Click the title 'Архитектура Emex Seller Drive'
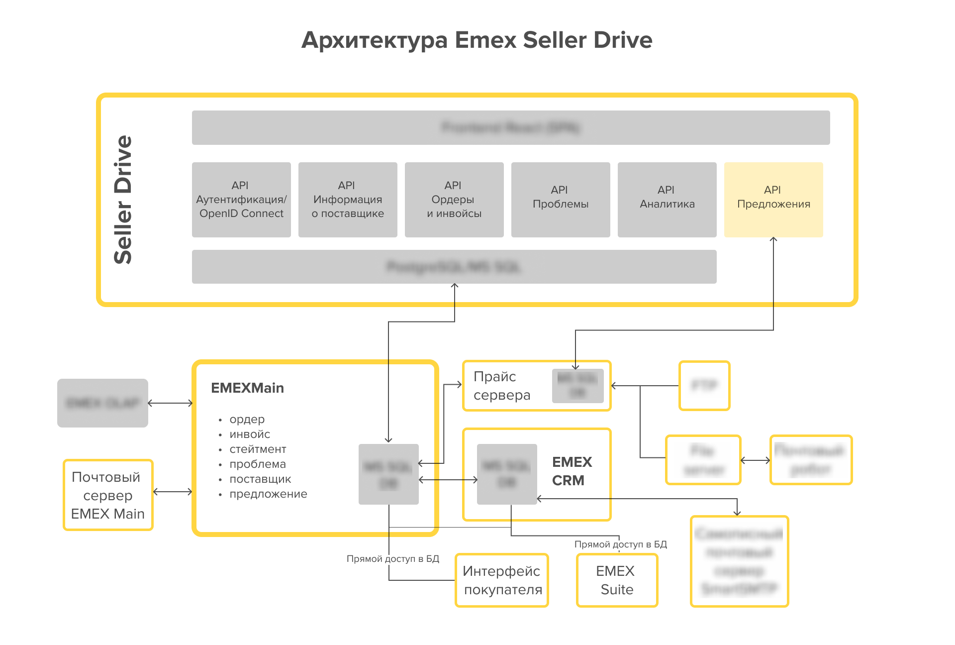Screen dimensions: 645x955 click(477, 40)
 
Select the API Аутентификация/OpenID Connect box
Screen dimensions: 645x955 click(241, 200)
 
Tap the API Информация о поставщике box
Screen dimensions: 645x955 click(348, 200)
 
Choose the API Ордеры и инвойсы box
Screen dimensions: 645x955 click(454, 200)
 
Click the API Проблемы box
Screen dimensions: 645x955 click(560, 200)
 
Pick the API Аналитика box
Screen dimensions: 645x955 click(667, 200)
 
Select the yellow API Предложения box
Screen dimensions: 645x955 click(773, 200)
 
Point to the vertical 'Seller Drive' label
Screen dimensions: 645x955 click(123, 200)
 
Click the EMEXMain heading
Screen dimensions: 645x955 click(247, 388)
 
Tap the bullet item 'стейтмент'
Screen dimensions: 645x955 click(258, 449)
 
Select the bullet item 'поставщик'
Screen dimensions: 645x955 click(260, 479)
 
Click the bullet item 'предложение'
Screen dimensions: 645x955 click(268, 494)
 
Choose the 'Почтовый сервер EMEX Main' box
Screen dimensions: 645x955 click(108, 495)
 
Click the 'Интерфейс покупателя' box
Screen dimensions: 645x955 click(502, 580)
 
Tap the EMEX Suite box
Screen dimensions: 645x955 click(617, 580)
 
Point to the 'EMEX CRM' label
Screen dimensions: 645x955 click(572, 471)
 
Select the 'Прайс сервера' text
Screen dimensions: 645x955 click(501, 386)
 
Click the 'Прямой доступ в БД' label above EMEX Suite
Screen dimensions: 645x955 click(620, 544)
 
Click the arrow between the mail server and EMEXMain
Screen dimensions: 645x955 click(173, 492)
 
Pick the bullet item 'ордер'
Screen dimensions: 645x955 click(247, 420)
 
